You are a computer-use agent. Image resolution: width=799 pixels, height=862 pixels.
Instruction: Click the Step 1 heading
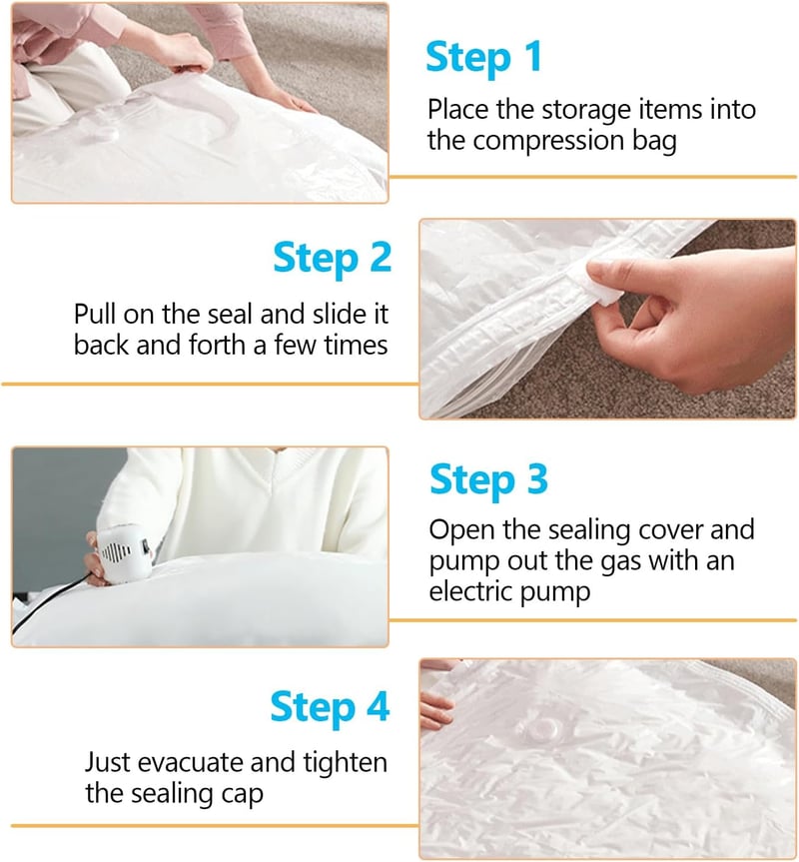[x=483, y=57]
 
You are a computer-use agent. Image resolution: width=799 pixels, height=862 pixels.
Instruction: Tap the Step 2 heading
[x=332, y=258]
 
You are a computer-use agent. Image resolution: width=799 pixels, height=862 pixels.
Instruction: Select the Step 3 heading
[x=488, y=478]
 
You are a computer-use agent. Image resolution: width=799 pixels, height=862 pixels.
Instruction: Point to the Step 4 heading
[x=330, y=706]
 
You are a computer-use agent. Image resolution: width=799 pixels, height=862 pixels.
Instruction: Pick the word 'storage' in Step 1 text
[x=586, y=111]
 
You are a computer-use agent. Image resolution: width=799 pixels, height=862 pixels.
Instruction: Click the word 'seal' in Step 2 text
[x=228, y=315]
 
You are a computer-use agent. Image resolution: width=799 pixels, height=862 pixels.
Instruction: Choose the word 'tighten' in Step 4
[x=346, y=763]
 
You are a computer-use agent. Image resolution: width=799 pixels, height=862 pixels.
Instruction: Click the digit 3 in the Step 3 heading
[x=537, y=478]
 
